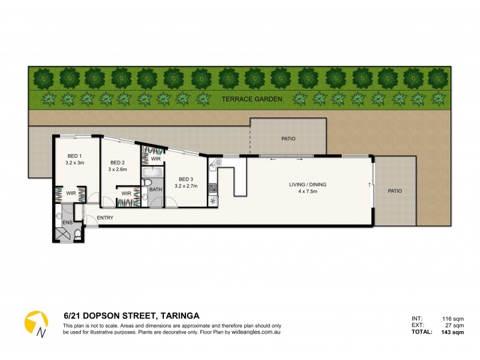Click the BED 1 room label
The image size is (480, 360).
click(x=75, y=155)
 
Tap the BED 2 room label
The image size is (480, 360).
click(x=118, y=163)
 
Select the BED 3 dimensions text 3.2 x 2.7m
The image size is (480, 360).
click(x=186, y=187)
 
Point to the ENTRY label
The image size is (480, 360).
click(x=105, y=218)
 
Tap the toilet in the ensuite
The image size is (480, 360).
click(x=77, y=235)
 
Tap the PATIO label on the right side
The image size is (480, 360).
click(x=394, y=191)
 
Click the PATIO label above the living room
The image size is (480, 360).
click(x=288, y=139)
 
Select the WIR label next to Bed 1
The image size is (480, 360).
click(x=70, y=193)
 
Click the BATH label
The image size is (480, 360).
click(x=155, y=190)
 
